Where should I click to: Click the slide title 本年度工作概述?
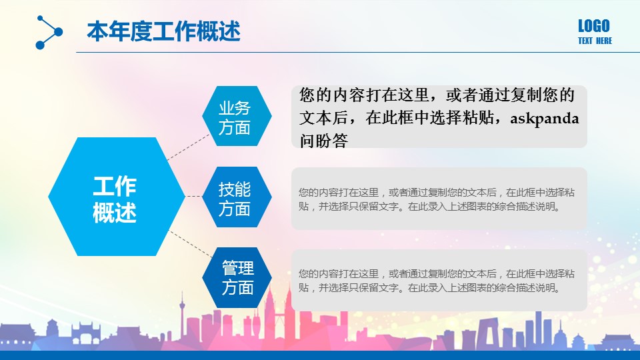(x=164, y=31)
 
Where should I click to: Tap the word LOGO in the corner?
(x=594, y=26)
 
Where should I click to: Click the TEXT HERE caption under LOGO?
(x=595, y=41)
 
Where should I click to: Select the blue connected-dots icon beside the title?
(x=49, y=32)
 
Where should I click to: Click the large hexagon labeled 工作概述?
(x=116, y=197)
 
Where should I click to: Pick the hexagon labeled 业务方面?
(x=237, y=116)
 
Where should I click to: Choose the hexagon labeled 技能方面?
(x=237, y=197)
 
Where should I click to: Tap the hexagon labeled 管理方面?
(x=237, y=277)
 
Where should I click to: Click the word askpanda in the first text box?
(x=545, y=119)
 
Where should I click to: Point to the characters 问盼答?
(x=324, y=141)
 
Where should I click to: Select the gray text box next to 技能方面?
(x=439, y=199)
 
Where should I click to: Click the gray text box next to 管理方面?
(x=439, y=281)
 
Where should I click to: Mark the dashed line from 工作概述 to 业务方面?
(x=188, y=147)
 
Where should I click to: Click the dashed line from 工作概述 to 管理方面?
(x=190, y=244)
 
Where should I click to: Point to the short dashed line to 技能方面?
(x=193, y=196)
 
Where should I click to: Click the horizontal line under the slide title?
(x=358, y=52)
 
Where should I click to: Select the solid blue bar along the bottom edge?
(x=320, y=355)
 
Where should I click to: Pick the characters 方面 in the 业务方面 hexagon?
(x=234, y=128)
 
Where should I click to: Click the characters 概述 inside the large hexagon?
(x=114, y=212)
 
